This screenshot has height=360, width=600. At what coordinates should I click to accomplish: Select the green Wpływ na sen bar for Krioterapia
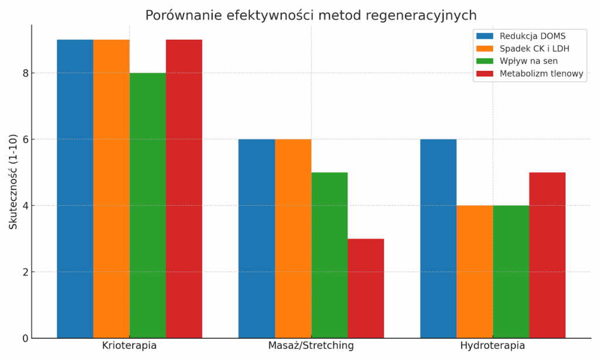[148, 205]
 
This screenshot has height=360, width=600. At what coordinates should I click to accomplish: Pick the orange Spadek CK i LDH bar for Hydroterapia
[475, 272]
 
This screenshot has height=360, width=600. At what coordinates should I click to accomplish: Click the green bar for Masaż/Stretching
[329, 255]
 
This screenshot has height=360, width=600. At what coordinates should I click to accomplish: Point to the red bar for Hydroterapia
[547, 255]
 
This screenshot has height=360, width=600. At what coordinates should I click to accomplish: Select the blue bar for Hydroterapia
[438, 239]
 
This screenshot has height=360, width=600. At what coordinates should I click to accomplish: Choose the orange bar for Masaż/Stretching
[293, 239]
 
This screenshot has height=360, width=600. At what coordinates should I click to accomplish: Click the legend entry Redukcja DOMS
[532, 36]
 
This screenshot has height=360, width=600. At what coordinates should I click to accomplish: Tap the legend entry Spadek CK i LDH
[534, 49]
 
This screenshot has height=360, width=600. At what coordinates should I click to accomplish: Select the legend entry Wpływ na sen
[528, 61]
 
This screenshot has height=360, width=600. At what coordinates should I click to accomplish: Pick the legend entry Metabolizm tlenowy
[541, 73]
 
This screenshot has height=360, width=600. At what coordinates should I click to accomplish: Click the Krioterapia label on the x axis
[129, 345]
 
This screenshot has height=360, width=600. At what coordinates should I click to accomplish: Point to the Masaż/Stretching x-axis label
[311, 345]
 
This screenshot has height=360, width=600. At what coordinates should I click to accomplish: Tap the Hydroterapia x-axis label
[493, 345]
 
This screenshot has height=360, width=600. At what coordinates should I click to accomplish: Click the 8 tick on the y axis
[25, 73]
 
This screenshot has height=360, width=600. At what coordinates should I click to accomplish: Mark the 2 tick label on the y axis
[25, 272]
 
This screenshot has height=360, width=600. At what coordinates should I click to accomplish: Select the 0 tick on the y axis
[25, 338]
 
